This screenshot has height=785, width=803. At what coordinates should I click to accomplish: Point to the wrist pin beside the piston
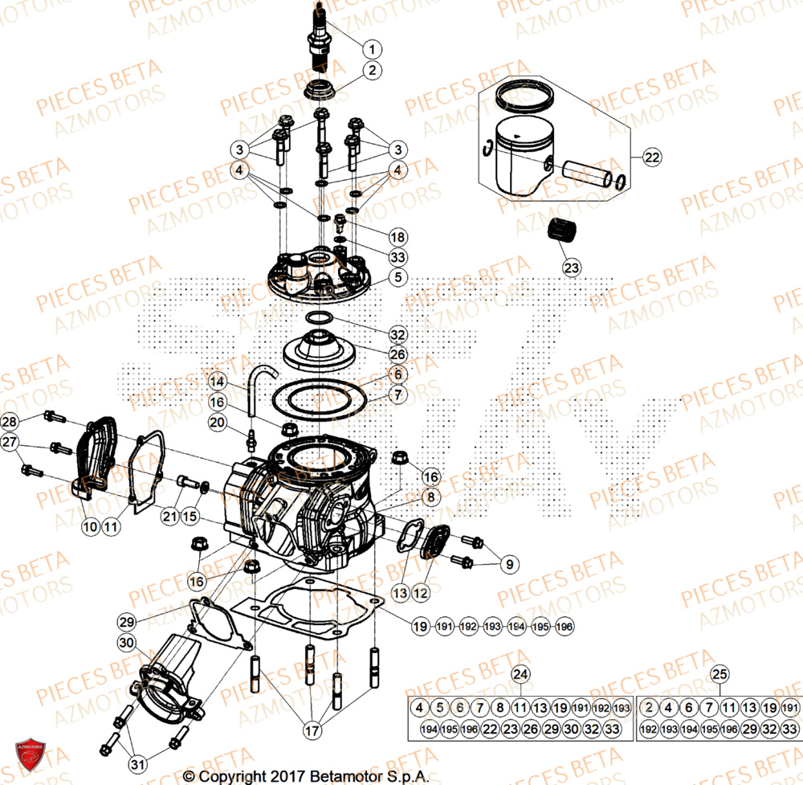(585, 174)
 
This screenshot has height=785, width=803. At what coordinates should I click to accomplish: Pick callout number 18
(397, 237)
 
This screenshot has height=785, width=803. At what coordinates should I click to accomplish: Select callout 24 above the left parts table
(521, 673)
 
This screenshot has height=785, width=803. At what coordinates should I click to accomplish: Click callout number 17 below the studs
(309, 732)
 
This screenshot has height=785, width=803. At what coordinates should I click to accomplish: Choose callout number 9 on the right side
(507, 565)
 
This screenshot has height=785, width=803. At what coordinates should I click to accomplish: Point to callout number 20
(217, 422)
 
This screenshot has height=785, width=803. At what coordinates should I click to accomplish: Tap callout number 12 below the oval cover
(421, 594)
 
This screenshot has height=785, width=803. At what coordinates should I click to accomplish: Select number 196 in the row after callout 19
(565, 626)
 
